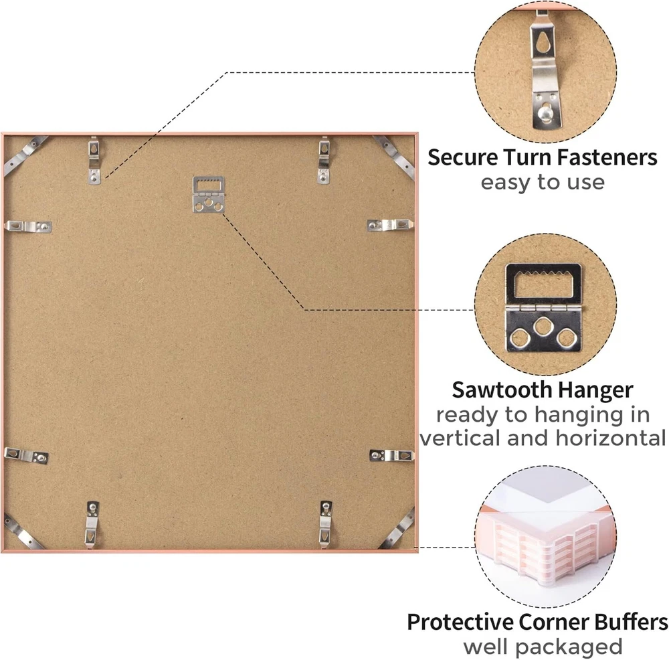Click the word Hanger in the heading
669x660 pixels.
595,390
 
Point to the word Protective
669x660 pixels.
460,622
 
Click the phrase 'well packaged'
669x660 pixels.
543,647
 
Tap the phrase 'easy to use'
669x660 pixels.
543,182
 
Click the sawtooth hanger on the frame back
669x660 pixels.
208,195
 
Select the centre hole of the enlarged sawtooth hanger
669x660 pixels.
543,327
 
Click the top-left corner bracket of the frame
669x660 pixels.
25,155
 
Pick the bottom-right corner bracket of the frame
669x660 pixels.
397,529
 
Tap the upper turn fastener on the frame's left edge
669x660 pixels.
28,226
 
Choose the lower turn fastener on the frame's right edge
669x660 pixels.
392,456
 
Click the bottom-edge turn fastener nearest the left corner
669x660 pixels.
92,523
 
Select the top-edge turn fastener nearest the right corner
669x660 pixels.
324,160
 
